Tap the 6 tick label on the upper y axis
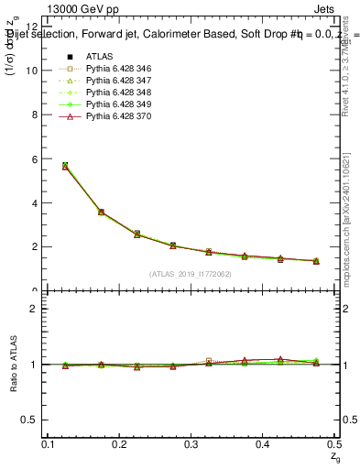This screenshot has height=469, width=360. (34, 158)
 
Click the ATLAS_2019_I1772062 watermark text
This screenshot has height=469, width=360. (191, 274)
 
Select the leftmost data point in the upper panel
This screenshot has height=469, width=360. (64, 166)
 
